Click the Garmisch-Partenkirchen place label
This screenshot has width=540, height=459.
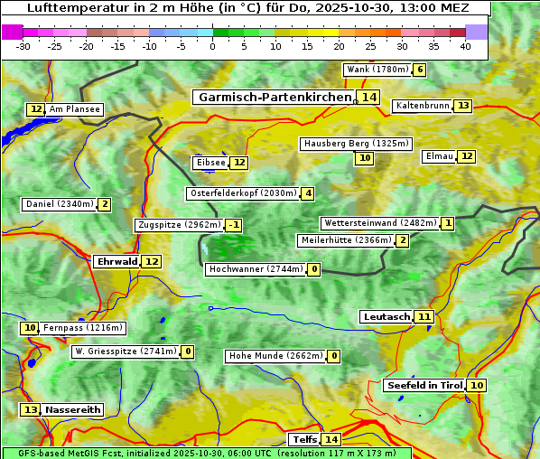point(274,97)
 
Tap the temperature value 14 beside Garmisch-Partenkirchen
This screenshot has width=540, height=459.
point(368,97)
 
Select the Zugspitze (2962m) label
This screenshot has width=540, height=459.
point(178,225)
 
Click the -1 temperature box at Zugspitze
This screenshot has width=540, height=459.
point(234,225)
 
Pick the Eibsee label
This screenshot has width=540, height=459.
point(209,163)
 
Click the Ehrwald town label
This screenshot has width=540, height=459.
point(116,262)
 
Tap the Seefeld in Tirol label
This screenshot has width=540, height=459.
point(424,386)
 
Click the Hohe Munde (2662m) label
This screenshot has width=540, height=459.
point(275,356)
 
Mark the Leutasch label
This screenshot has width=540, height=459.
point(386,316)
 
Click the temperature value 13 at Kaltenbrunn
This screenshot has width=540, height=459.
point(462,106)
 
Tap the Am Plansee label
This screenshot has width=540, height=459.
point(74,109)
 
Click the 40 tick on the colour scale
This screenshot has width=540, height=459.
point(465,46)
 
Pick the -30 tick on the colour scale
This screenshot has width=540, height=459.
point(23,46)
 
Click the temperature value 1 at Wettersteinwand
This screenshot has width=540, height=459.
point(447,223)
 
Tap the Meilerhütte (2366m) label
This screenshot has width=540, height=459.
point(346,240)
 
